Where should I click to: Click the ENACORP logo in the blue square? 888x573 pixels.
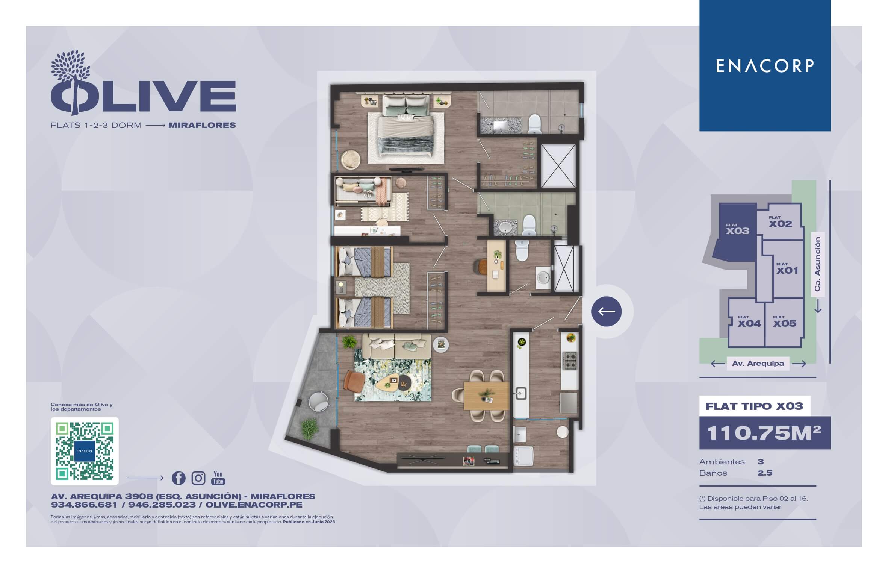click(x=765, y=66)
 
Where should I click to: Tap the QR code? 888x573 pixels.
click(x=85, y=451)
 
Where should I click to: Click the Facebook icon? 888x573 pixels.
click(x=179, y=478)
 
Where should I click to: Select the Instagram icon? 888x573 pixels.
click(x=198, y=478)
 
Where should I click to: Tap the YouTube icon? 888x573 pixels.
click(x=218, y=477)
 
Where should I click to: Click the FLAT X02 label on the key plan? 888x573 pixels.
click(x=780, y=222)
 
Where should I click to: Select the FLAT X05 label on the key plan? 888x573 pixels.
click(x=784, y=322)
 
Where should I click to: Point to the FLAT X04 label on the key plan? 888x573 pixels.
click(x=749, y=322)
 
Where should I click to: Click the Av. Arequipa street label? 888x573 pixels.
click(x=758, y=364)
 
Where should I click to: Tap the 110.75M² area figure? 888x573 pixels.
click(x=764, y=433)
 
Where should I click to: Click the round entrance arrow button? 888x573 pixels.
click(x=607, y=311)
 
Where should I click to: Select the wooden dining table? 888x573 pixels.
click(x=487, y=396)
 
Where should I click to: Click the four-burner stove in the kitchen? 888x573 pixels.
click(x=569, y=361)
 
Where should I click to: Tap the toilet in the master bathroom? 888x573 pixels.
click(x=534, y=124)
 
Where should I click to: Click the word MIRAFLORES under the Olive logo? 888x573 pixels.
click(x=202, y=125)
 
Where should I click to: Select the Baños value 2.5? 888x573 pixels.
click(x=765, y=473)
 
